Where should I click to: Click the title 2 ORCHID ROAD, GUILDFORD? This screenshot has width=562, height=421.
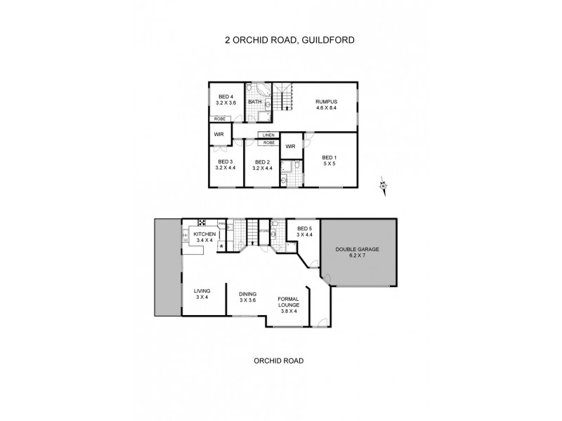point(289,40)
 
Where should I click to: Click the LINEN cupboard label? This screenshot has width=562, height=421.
point(268,135)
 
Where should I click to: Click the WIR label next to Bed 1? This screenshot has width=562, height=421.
point(290,147)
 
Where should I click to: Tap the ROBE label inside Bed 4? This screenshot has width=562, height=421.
point(220,119)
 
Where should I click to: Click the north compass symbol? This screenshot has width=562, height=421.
point(383,185)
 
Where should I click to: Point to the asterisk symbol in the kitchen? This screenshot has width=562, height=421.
point(223,246)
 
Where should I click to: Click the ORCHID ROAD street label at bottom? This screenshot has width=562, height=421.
point(279,361)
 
